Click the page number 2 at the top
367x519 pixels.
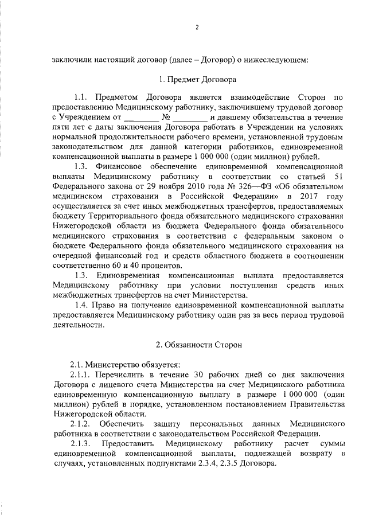[196, 27]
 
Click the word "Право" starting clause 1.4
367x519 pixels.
[102, 305]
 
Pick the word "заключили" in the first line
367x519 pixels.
[71, 58]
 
